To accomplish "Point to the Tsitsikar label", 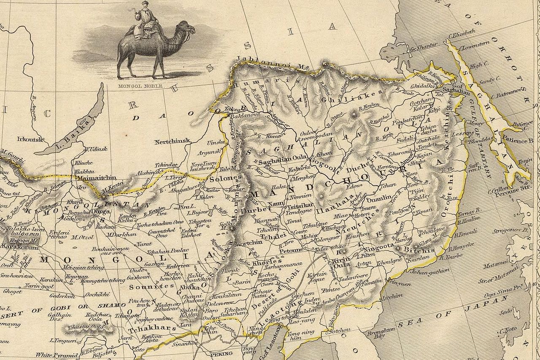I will coord(300,206).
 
